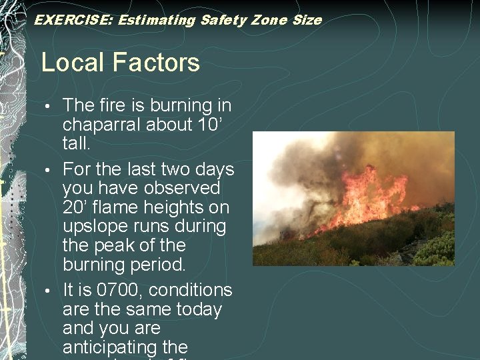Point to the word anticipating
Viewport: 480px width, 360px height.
click(x=115, y=347)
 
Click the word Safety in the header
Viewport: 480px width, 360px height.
click(x=222, y=20)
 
